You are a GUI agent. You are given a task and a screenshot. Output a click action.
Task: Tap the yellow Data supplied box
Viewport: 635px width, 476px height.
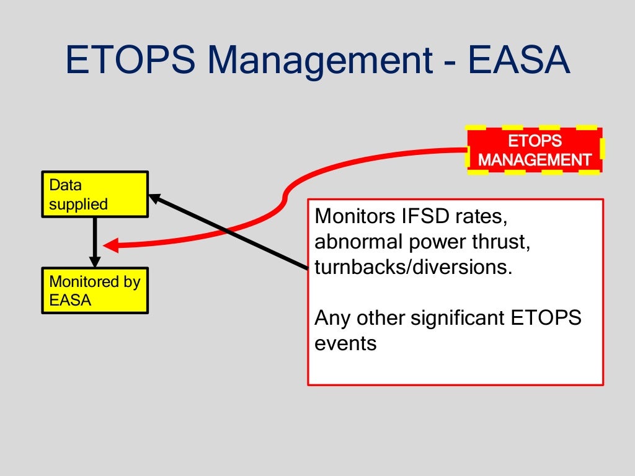95,195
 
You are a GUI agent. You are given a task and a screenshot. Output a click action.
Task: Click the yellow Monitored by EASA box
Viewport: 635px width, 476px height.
95,291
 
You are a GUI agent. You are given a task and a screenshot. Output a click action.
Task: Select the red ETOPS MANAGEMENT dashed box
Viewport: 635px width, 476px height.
534,150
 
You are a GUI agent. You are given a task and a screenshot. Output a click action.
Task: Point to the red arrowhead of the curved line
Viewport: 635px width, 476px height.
110,245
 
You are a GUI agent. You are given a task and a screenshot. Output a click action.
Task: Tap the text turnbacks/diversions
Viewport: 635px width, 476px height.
414,268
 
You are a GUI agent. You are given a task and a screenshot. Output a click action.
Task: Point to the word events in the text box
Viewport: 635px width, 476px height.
345,343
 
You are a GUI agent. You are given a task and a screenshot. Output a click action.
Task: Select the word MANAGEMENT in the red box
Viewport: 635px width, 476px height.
534,160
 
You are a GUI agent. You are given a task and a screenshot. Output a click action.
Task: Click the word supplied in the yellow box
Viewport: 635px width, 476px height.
79,204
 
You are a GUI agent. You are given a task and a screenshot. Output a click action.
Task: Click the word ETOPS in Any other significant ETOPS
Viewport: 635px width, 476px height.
546,318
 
